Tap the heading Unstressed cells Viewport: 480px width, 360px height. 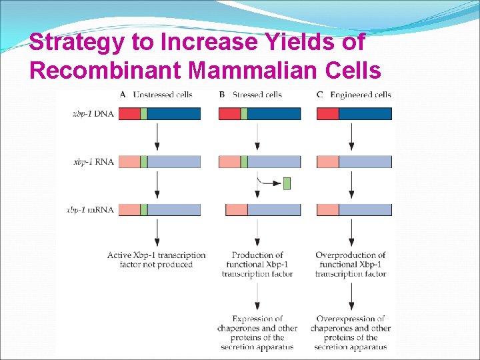[x=162, y=95]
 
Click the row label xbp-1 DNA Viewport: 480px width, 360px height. [x=93, y=114]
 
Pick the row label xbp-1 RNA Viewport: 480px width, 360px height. [x=93, y=162]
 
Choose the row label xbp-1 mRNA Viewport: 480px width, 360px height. [x=91, y=210]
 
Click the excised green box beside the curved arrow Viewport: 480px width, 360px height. [x=287, y=183]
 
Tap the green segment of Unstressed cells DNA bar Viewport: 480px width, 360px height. [x=143, y=114]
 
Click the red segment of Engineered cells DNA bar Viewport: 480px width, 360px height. [x=328, y=114]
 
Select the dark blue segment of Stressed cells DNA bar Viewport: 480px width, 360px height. [x=274, y=114]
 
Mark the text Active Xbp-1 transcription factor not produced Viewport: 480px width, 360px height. [x=157, y=260]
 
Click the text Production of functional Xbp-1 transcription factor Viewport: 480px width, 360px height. [x=257, y=265]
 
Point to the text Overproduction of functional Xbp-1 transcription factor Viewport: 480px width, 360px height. [x=351, y=265]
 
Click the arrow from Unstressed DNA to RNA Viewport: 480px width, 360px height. [x=157, y=137]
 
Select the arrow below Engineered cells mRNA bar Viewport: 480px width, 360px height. [x=351, y=232]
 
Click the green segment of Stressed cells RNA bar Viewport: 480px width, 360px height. [x=244, y=162]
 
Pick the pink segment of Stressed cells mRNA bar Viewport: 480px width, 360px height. [x=237, y=210]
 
